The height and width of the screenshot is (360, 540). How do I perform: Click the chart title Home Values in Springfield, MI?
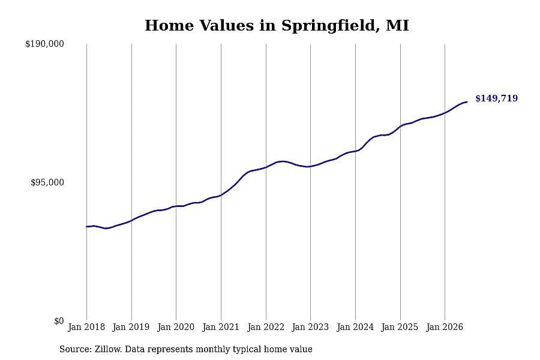[277, 26]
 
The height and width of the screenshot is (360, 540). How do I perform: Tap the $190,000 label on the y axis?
[44, 44]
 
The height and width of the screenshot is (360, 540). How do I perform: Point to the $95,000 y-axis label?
[47, 182]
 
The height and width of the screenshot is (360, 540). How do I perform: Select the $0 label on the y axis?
[59, 321]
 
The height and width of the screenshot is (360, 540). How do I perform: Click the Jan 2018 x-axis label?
[86, 327]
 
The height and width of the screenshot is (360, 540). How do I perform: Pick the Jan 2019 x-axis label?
[131, 327]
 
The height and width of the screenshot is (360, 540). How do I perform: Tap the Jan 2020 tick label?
[176, 327]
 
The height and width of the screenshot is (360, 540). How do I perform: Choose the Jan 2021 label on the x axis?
[221, 327]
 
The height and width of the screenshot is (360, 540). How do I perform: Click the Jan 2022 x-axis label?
[266, 327]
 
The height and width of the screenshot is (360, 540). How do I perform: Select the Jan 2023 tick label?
[310, 327]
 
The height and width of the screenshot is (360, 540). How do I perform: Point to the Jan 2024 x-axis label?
[355, 327]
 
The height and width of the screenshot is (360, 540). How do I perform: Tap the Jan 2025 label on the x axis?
[400, 327]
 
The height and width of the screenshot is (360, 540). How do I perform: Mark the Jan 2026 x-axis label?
[445, 327]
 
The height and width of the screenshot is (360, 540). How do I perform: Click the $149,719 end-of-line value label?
[496, 98]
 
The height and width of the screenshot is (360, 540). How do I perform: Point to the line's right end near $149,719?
[467, 102]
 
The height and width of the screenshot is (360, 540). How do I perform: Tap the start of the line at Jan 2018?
[86, 227]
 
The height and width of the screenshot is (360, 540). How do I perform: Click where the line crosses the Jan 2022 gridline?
[266, 167]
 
